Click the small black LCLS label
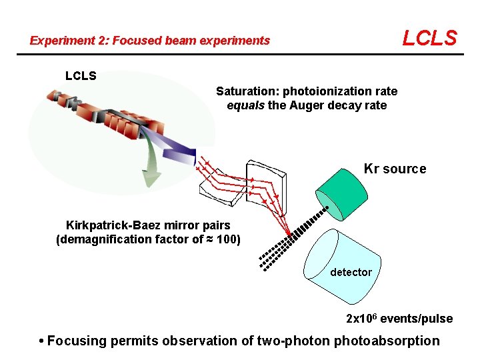pos(81,76)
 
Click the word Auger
pos(306,105)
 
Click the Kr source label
pos(395,169)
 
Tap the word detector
pos(351,272)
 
